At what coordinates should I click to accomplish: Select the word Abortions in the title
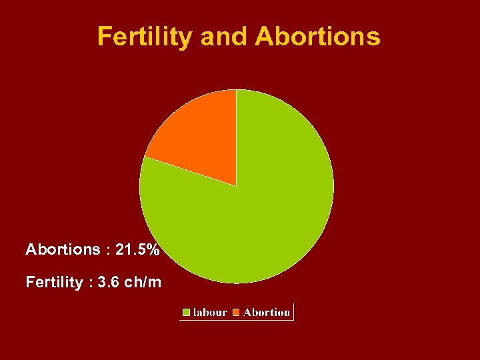click(x=317, y=37)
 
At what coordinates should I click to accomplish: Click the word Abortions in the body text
click(x=63, y=250)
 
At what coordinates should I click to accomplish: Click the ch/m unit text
click(x=142, y=282)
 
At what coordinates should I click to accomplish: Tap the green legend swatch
click(x=187, y=312)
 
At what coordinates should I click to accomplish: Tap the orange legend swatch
click(x=236, y=312)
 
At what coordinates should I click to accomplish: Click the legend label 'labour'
click(x=210, y=312)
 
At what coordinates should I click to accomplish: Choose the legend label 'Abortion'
click(x=267, y=312)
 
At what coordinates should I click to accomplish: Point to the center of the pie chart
click(x=236, y=186)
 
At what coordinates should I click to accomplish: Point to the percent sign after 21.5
click(x=153, y=250)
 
